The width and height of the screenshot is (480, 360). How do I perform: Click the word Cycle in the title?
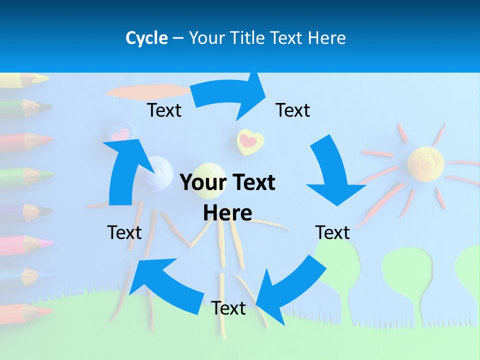(x=146, y=38)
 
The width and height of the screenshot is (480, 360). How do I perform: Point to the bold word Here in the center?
(x=227, y=213)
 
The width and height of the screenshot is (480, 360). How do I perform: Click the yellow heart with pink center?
(x=249, y=141)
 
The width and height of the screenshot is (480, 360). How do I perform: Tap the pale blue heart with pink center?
(x=120, y=134)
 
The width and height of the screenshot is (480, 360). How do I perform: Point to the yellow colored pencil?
(x=25, y=79)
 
